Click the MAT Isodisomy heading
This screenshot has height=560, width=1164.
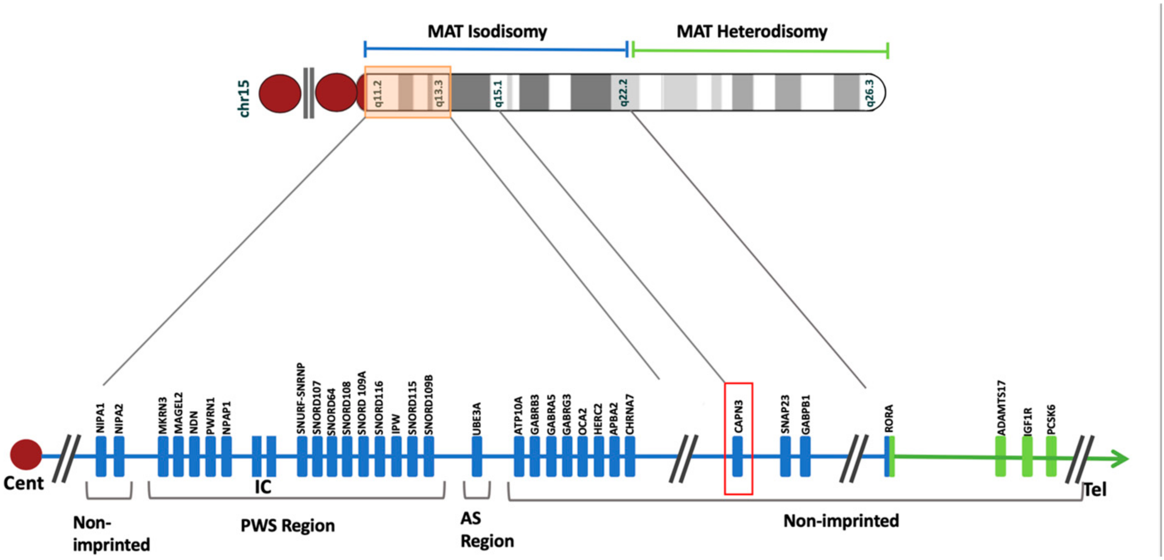point(487,31)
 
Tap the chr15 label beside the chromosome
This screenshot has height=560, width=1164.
point(244,99)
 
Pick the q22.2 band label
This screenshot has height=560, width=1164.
point(623,93)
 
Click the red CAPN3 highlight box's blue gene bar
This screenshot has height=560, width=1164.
point(738,456)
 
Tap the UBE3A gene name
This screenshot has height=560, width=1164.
point(476,418)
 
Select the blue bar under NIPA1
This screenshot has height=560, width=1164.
point(101,456)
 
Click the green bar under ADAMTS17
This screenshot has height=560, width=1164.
point(1001,456)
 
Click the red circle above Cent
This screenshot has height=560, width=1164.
point(26,454)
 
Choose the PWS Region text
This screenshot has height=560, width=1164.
point(287,526)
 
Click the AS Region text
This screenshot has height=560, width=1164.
point(486,530)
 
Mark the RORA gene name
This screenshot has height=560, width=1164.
point(889,418)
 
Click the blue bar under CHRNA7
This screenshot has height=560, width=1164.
point(630,456)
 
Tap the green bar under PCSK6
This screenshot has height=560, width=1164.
point(1051,456)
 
